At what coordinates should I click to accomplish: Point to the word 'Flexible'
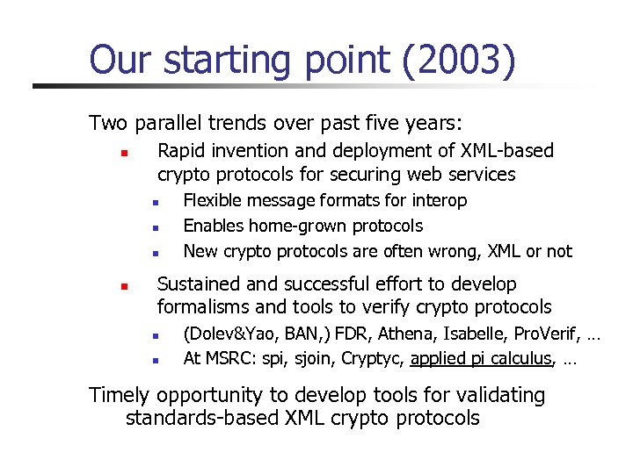click(211, 201)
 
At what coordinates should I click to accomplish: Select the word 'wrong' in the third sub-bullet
click(455, 252)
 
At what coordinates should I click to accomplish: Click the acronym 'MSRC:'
click(226, 358)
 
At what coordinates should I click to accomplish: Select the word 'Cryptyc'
click(374, 358)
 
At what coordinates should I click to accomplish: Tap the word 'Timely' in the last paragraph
click(118, 396)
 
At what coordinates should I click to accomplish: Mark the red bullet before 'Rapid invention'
click(125, 153)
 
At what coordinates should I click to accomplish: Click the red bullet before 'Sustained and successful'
click(125, 286)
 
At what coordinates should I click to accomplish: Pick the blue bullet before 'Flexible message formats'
click(153, 203)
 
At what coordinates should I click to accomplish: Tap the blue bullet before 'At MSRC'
click(153, 360)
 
